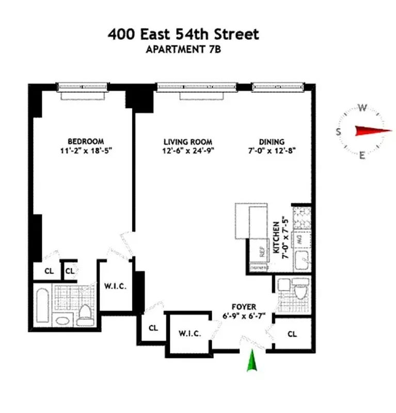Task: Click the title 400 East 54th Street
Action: (183, 35)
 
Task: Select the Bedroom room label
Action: (86, 141)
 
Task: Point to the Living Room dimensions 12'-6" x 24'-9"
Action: (188, 151)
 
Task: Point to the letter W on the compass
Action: (362, 108)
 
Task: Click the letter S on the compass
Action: (339, 131)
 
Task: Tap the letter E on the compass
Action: (362, 154)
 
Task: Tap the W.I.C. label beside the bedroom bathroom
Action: (116, 286)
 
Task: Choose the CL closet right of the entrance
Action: (292, 334)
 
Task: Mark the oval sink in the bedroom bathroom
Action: (61, 321)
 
